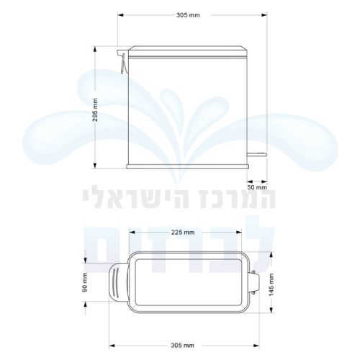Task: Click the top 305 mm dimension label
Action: click(x=188, y=15)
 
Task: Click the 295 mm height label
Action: click(x=95, y=109)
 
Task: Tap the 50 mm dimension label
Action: click(x=257, y=187)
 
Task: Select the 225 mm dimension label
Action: click(x=183, y=233)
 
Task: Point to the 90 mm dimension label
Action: click(x=85, y=282)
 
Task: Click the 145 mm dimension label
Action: click(x=271, y=284)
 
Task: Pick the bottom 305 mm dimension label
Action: click(x=183, y=346)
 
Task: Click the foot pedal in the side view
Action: click(x=257, y=154)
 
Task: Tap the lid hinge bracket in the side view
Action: click(x=122, y=61)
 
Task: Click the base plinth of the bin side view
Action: click(x=187, y=166)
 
